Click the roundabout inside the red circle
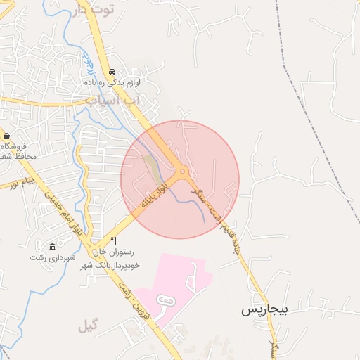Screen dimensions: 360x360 coord(183,170)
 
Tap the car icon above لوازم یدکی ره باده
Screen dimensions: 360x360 coord(112,72)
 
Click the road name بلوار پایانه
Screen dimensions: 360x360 coord(155,193)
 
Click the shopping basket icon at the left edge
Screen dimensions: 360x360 coord(6,136)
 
